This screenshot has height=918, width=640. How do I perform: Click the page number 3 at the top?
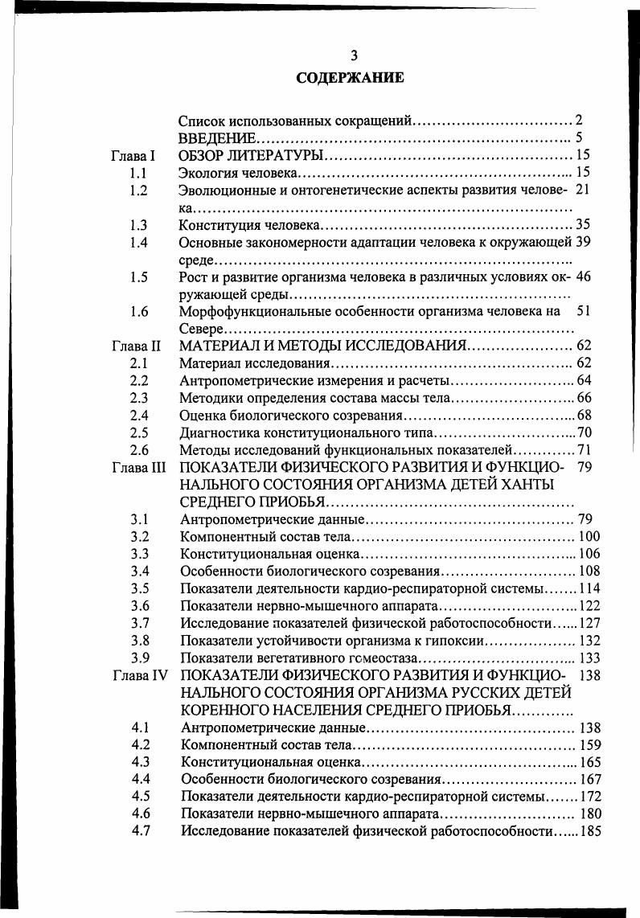tap(351, 55)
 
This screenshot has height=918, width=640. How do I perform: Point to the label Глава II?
tap(134, 346)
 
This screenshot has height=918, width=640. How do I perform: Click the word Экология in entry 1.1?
tap(205, 173)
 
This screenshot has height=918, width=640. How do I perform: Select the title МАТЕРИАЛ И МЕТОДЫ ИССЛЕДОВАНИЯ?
tap(322, 346)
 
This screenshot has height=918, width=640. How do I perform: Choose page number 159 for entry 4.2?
tap(590, 744)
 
